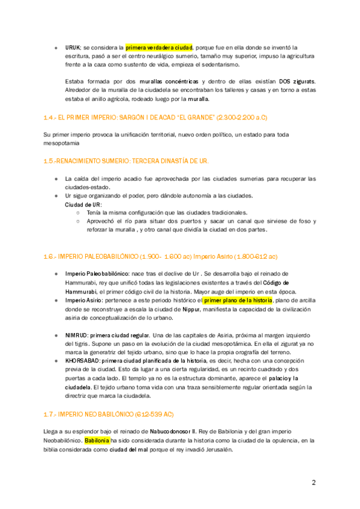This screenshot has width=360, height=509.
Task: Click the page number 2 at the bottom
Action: tap(313, 483)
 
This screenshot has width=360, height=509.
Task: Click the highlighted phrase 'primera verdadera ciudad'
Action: tap(159, 46)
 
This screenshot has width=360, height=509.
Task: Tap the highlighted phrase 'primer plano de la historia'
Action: tap(238, 300)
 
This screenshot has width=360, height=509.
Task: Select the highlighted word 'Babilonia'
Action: tap(97, 440)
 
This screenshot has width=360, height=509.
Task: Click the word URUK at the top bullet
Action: tap(73, 46)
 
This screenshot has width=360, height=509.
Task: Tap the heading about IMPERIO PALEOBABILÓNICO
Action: tap(160, 256)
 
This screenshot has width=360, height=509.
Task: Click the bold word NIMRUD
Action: tap(78, 334)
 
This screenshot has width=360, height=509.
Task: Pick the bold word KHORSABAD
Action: tap(82, 361)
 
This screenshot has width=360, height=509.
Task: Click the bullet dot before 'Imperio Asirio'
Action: tap(56, 300)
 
